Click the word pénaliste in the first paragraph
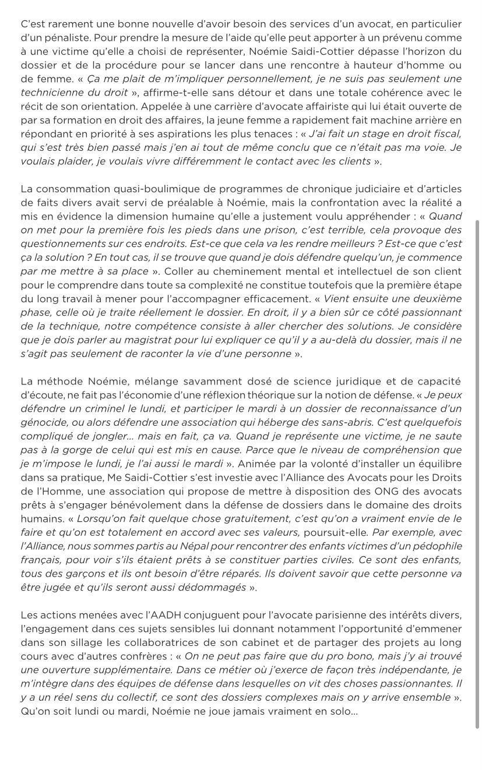(x=56, y=38)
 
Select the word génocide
(x=43, y=422)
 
